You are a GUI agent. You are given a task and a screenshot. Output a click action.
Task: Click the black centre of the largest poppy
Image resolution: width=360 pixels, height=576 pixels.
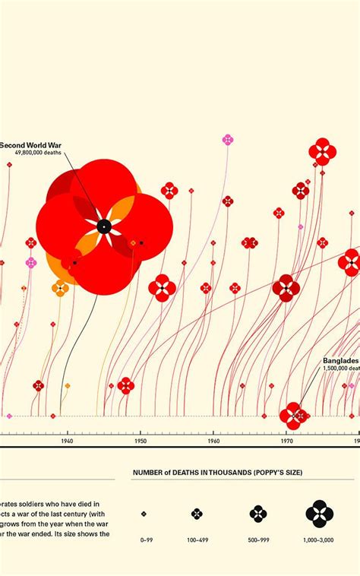(x=104, y=226)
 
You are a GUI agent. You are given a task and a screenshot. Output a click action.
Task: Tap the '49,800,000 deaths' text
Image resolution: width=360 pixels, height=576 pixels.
(x=39, y=153)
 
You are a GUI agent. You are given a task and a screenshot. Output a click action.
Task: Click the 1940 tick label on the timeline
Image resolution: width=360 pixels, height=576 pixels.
(x=67, y=441)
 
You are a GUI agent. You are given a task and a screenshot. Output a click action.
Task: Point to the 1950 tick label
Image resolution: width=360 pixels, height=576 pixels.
(x=141, y=441)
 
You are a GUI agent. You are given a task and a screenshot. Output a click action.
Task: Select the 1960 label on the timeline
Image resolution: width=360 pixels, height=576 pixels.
(x=213, y=441)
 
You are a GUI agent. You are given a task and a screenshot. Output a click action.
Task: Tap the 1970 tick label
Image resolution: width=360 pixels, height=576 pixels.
(x=287, y=441)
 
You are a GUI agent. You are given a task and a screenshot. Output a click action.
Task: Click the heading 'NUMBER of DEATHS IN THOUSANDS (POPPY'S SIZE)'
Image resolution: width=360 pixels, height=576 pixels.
(x=217, y=473)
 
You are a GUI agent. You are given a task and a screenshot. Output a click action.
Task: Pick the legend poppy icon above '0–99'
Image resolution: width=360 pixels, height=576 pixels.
(x=144, y=514)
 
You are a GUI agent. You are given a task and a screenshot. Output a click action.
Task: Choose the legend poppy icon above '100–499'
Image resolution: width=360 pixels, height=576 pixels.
(x=197, y=514)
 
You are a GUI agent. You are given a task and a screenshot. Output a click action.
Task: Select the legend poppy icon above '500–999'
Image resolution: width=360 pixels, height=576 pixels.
(x=258, y=514)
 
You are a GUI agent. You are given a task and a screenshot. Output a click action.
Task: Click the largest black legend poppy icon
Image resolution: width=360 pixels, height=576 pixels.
(x=320, y=514)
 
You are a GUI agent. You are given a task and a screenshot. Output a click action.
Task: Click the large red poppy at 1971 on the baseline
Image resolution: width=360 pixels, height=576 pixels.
(x=291, y=415)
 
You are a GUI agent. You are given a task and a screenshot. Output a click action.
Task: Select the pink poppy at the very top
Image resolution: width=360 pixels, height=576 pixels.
(x=227, y=139)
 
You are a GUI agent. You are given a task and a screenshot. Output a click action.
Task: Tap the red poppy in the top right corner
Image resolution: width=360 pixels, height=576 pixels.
(x=322, y=151)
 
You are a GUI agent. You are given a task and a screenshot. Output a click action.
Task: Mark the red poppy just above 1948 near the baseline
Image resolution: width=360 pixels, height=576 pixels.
(x=126, y=385)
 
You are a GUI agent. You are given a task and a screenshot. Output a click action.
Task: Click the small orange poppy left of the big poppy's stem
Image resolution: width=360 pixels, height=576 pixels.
(x=60, y=287)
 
